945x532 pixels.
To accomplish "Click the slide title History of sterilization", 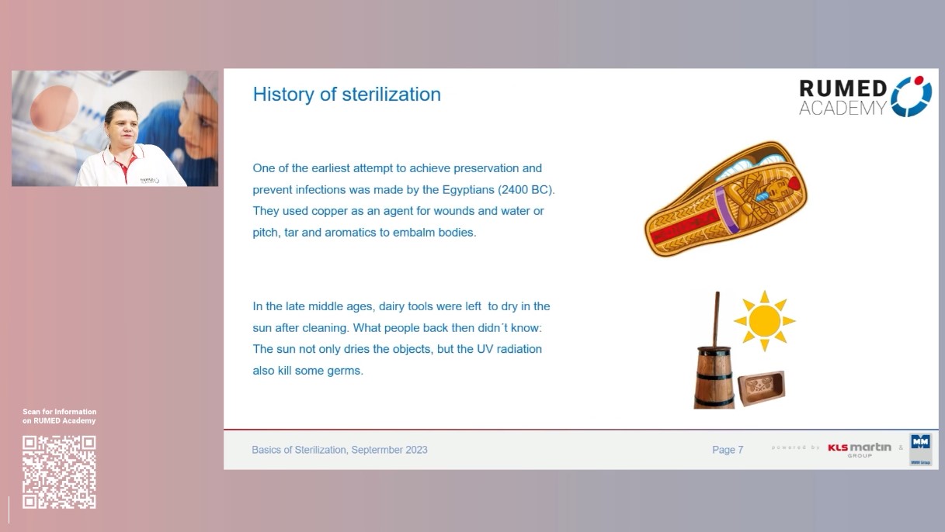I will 346,95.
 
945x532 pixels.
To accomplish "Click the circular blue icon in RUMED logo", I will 911,97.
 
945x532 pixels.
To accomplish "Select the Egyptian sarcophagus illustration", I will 725,199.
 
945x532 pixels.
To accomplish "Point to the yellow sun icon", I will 764,320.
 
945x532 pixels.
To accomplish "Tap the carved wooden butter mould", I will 760,388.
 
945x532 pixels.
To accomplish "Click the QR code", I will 59,472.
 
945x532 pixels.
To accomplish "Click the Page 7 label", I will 728,450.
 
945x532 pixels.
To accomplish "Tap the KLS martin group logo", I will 859,449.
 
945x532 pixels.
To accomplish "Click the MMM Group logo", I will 920,449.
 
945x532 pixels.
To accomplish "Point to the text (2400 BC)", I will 526,189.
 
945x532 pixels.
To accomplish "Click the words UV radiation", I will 509,349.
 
